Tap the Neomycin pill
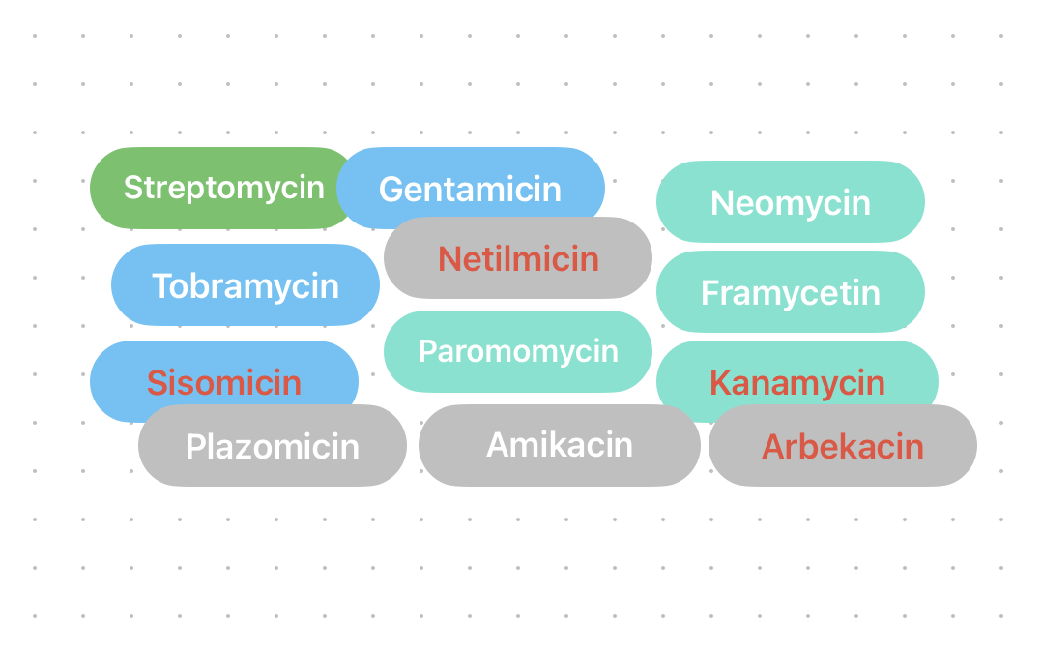coord(791,201)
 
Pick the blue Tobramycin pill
coord(246,284)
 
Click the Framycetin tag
coord(791,291)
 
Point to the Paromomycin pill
coord(518,351)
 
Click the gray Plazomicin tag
coord(273,446)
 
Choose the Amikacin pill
coord(560,445)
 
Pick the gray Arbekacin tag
coord(843,446)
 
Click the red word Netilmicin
coord(518,258)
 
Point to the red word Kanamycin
coord(797,382)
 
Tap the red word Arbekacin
coord(843,446)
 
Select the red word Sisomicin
coord(224,382)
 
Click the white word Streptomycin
coord(223,188)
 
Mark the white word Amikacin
coord(560,445)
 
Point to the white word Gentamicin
coord(471,189)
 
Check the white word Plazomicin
coord(273,446)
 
